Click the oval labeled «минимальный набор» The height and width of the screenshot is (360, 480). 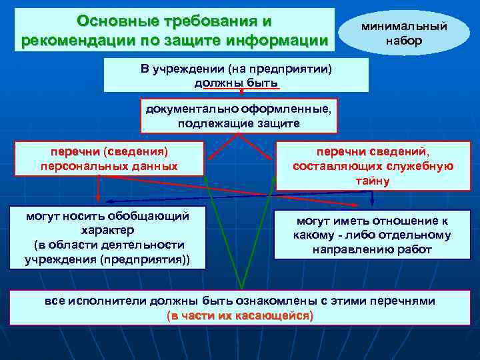pos(403,31)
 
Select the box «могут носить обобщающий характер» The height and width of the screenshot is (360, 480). pos(107,237)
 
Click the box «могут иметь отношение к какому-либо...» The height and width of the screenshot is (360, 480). pos(372,235)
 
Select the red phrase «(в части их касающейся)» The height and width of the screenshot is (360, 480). pos(240,315)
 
